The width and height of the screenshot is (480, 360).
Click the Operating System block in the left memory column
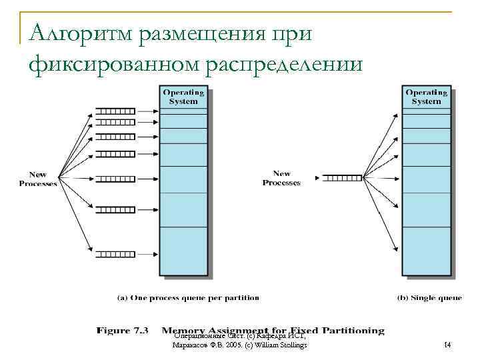184,97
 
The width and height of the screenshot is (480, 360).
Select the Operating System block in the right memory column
426,97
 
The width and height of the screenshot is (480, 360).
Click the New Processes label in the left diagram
38,179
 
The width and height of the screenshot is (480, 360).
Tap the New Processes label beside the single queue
281,178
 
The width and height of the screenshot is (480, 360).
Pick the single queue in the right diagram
341,178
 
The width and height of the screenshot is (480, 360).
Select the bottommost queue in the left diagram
115,254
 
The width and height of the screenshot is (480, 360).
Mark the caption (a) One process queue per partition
188,297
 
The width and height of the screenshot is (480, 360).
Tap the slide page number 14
447,345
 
